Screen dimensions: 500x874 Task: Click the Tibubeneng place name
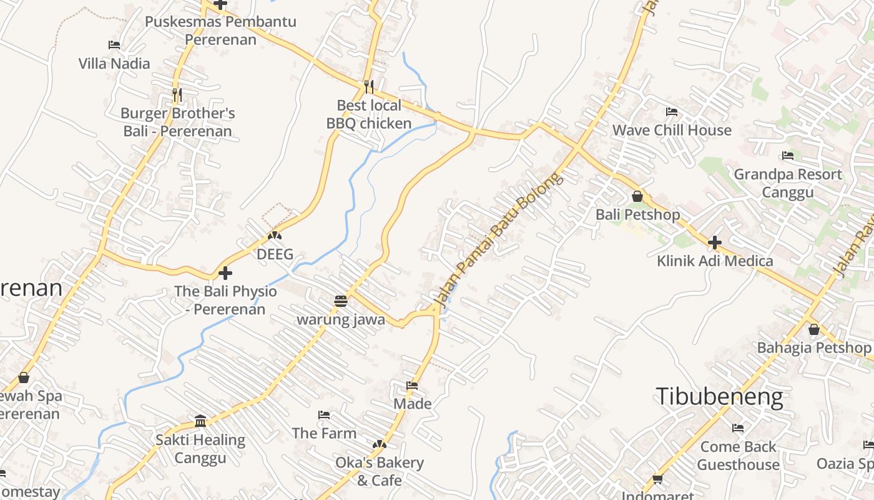pyautogui.click(x=719, y=397)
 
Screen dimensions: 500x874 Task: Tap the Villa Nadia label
pyautogui.click(x=114, y=63)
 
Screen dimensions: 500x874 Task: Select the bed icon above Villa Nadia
pyautogui.click(x=114, y=45)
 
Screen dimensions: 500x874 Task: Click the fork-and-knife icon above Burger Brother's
pyautogui.click(x=177, y=95)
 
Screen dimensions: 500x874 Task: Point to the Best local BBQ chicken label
pyautogui.click(x=369, y=114)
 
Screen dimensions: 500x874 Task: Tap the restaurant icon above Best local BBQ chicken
pyautogui.click(x=369, y=86)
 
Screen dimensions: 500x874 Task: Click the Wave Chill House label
pyautogui.click(x=672, y=130)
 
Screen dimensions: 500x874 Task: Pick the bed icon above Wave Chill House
pyautogui.click(x=672, y=112)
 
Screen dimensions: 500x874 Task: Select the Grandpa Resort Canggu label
pyautogui.click(x=788, y=182)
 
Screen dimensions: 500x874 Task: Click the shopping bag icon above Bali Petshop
pyautogui.click(x=637, y=196)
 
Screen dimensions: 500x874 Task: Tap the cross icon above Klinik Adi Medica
pyautogui.click(x=715, y=242)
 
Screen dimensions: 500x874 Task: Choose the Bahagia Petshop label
pyautogui.click(x=814, y=347)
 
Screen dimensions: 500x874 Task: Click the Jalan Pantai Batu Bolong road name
pyautogui.click(x=498, y=239)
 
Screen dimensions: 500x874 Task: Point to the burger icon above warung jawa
pyautogui.click(x=340, y=301)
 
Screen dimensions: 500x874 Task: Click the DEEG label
pyautogui.click(x=275, y=254)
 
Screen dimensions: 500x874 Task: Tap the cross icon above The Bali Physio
pyautogui.click(x=225, y=273)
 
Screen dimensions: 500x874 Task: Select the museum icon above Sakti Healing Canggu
pyautogui.click(x=200, y=421)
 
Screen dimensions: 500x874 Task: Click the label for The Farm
pyautogui.click(x=324, y=432)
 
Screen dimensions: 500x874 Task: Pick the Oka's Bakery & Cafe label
pyautogui.click(x=380, y=471)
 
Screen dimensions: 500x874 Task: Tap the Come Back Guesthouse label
pyautogui.click(x=738, y=455)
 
